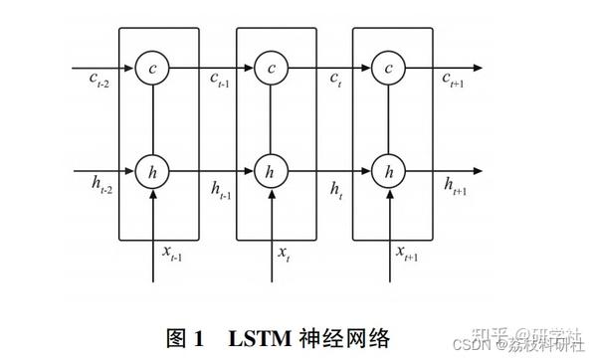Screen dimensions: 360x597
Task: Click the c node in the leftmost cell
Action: pos(152,68)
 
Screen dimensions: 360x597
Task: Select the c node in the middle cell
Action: pos(269,68)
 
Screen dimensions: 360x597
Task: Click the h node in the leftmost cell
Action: pos(152,171)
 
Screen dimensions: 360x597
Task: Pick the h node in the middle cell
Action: pos(269,171)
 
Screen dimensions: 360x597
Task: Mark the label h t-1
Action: pos(219,187)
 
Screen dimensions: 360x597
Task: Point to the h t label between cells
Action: pos(334,187)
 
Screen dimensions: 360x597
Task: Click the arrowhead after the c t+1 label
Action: pos(481,68)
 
